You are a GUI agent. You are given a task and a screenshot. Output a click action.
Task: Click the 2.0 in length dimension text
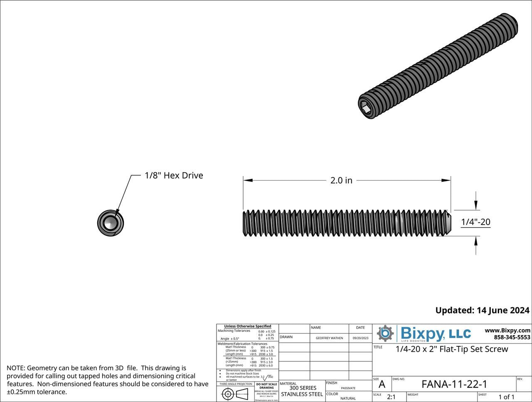tap(341, 180)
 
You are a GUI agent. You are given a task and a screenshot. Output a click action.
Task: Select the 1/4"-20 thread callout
tap(475, 222)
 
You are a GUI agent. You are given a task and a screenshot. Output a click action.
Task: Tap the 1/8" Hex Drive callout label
tap(174, 175)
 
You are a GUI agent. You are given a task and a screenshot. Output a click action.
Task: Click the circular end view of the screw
tap(111, 223)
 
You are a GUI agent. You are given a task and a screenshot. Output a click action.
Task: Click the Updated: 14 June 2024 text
tap(482, 310)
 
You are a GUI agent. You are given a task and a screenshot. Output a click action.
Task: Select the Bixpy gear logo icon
tap(385, 333)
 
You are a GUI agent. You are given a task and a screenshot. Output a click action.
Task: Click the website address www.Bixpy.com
tap(507, 330)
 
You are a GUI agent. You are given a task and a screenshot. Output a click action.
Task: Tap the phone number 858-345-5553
tap(512, 337)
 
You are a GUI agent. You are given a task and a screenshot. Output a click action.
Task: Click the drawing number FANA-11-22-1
tap(454, 384)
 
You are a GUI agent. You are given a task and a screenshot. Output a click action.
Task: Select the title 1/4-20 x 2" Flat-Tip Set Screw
tap(452, 349)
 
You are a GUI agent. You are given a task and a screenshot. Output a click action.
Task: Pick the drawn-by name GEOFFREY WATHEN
tap(329, 338)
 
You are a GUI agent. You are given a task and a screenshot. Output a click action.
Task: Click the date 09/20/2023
tap(360, 338)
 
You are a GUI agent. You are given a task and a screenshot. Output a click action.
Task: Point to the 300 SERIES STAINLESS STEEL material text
tap(302, 391)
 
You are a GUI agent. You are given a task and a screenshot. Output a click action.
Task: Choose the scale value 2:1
tap(391, 397)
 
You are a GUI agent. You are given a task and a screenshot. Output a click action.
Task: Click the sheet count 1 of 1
tap(506, 397)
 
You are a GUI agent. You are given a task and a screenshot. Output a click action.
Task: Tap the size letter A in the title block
tap(382, 385)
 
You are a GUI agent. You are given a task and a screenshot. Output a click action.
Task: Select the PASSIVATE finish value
tap(348, 388)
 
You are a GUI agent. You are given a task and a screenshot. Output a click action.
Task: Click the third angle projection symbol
tap(235, 394)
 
